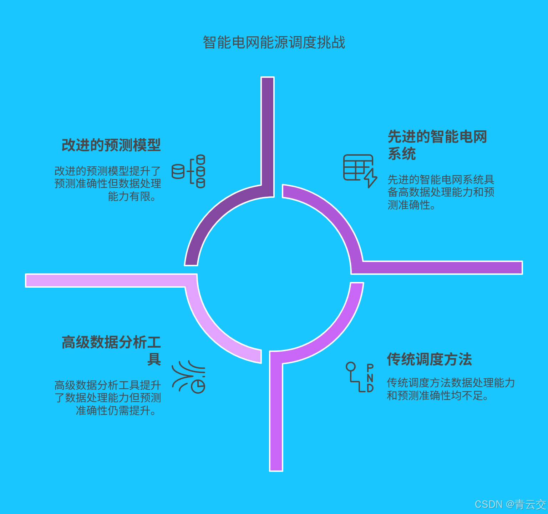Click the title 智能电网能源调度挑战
click(274, 42)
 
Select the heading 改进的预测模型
click(111, 145)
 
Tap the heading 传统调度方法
click(429, 359)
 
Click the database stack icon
click(189, 171)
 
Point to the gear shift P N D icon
click(360, 377)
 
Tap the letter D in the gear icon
click(370, 388)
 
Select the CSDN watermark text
click(510, 504)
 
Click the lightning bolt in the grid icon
click(370, 178)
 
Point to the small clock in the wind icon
click(198, 386)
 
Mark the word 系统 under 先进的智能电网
click(402, 154)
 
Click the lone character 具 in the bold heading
click(154, 359)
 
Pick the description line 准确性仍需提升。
click(116, 411)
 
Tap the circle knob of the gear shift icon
click(351, 367)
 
